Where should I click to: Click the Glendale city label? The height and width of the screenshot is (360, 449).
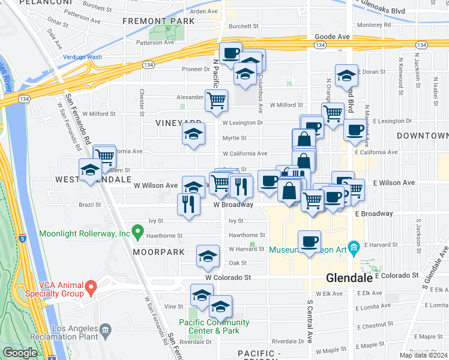tap(350, 278)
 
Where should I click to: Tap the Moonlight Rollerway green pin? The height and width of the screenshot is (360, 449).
tap(137, 230)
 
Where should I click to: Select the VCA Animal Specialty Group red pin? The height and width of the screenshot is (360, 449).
tap(91, 287)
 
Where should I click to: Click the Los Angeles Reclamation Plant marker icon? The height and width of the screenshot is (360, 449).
tap(106, 329)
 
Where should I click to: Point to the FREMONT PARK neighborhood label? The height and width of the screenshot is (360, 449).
tap(158, 21)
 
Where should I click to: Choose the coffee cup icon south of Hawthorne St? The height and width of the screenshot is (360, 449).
tap(309, 241)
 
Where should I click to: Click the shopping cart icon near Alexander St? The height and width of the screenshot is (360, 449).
tap(216, 100)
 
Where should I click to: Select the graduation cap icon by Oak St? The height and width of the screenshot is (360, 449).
tap(207, 256)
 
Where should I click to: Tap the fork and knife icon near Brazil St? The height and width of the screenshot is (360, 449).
tap(188, 203)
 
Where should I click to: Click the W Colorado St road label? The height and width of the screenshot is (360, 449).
tap(228, 278)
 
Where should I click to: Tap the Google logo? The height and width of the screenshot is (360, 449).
tap(20, 353)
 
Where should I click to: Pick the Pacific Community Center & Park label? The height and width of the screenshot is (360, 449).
tap(214, 327)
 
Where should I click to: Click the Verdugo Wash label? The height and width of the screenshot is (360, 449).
tap(82, 58)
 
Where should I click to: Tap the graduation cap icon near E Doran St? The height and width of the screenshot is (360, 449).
tap(346, 76)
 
